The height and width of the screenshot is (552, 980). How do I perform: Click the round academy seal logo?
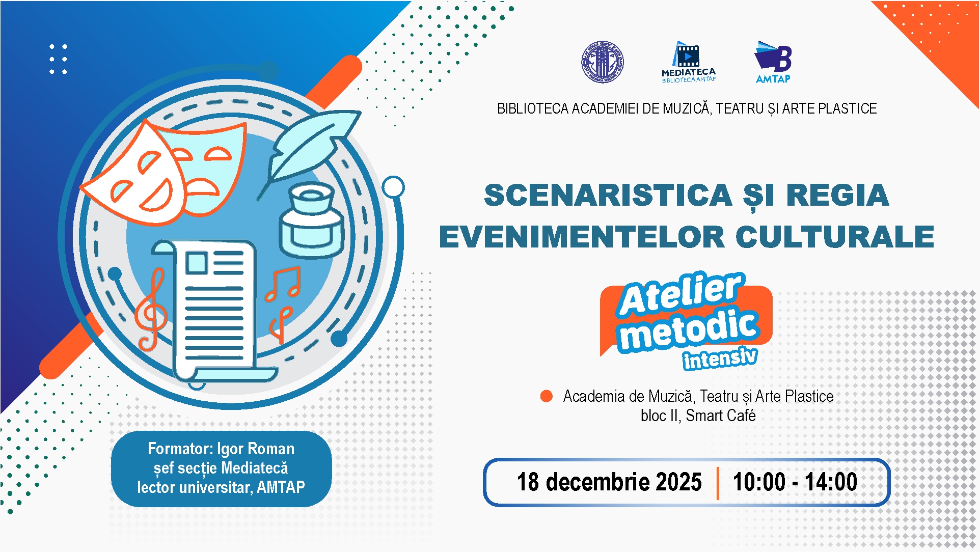[603, 62]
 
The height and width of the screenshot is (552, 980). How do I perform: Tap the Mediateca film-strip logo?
[689, 62]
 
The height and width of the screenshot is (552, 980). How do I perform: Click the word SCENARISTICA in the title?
[608, 196]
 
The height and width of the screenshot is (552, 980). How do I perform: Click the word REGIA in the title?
[838, 196]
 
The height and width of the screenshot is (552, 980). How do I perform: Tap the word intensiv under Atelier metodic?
[720, 358]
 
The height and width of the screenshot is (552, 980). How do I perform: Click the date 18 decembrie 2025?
[609, 482]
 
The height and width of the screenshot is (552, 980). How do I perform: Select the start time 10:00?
[759, 482]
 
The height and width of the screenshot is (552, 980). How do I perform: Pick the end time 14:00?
[831, 482]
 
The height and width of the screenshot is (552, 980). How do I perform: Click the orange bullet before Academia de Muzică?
[547, 396]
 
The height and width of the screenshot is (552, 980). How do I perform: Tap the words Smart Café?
[721, 416]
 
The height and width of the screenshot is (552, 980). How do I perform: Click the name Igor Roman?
[256, 449]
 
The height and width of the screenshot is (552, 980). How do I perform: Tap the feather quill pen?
[306, 151]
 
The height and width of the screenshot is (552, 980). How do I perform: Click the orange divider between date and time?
[718, 483]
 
